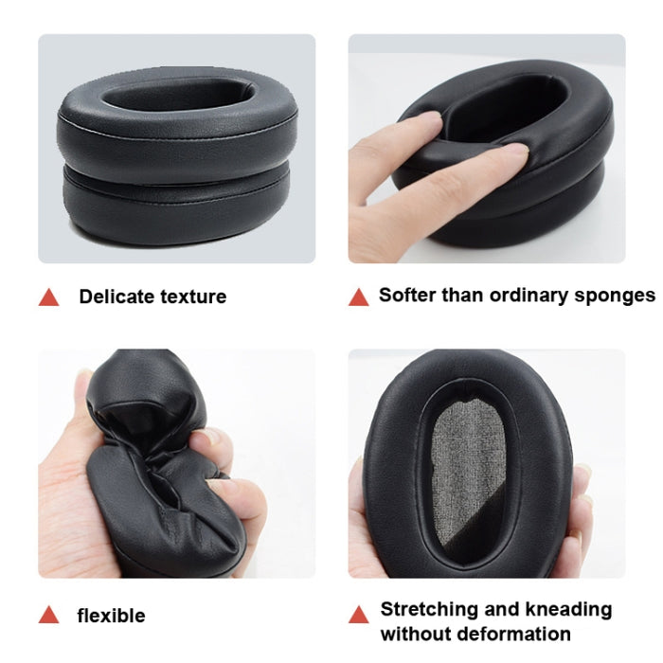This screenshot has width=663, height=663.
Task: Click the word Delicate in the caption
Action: coord(116,296)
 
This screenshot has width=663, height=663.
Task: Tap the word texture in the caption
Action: coord(192,296)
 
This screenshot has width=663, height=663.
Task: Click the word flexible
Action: coord(111,616)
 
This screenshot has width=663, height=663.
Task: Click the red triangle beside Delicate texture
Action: coord(48,297)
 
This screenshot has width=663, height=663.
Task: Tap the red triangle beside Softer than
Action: coord(358,296)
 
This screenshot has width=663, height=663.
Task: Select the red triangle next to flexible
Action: coord(48,616)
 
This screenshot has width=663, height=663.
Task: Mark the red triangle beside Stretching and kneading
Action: coord(358,613)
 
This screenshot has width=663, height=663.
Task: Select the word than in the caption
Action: coord(462,295)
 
